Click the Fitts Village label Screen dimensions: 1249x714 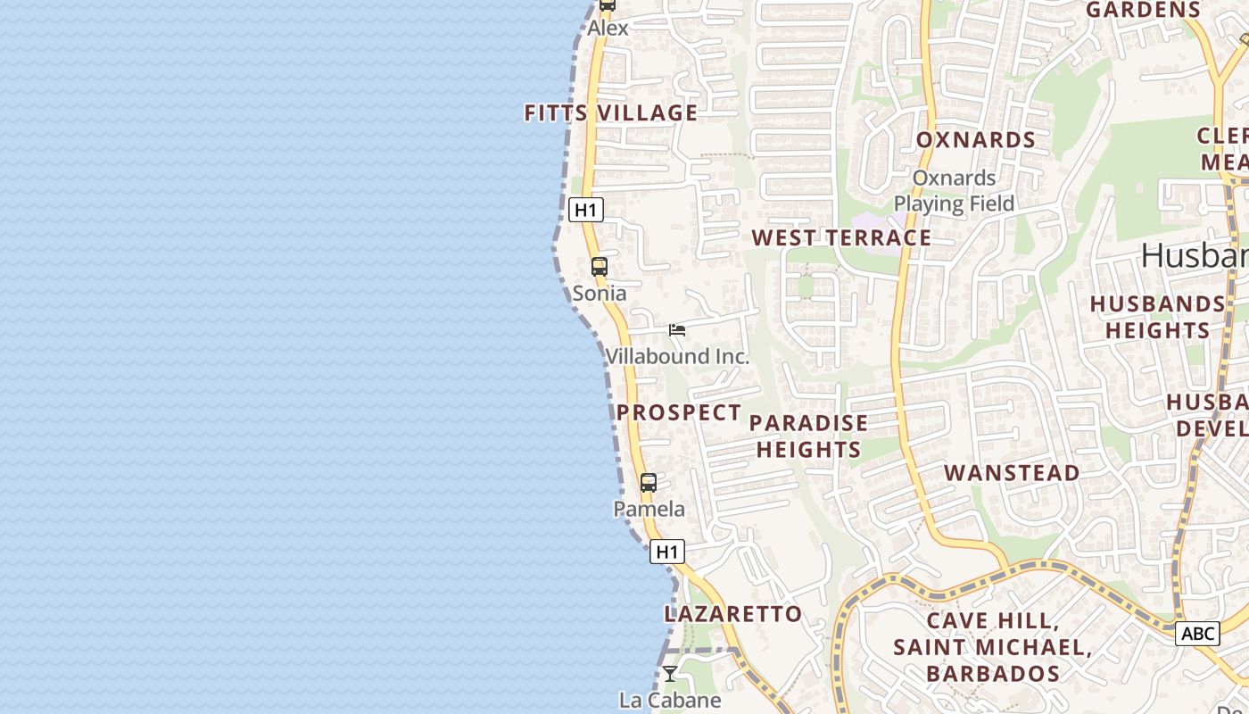click(x=610, y=113)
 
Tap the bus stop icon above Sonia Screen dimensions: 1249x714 click(x=600, y=266)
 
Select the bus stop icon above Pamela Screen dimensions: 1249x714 click(x=649, y=483)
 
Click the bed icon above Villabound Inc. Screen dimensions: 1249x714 click(x=677, y=330)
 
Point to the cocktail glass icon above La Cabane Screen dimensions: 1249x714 click(x=670, y=673)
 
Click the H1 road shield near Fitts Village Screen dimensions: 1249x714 click(x=585, y=211)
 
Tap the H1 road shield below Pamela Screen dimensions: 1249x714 click(x=667, y=552)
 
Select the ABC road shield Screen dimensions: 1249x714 click(x=1197, y=634)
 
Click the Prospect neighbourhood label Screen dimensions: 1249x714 click(x=679, y=412)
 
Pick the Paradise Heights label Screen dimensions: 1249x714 click(x=809, y=436)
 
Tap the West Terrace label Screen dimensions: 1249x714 click(x=841, y=238)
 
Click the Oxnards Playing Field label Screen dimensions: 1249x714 click(x=954, y=191)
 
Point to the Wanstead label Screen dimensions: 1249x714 click(x=1012, y=473)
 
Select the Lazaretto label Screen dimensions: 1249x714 click(x=733, y=614)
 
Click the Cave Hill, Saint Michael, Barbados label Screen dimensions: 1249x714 click(x=993, y=646)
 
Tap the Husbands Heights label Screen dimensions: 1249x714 click(x=1157, y=317)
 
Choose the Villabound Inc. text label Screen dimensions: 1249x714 click(x=677, y=356)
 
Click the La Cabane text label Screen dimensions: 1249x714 click(x=670, y=700)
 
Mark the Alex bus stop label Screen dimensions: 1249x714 click(x=608, y=28)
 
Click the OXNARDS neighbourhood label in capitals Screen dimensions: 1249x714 click(x=976, y=140)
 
